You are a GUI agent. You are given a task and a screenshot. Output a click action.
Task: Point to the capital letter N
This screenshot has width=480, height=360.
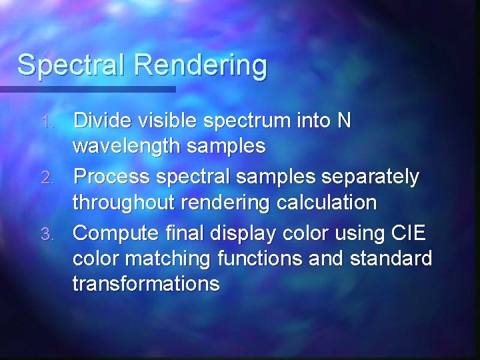point(344,121)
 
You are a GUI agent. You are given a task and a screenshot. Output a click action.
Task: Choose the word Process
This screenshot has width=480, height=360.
point(109,177)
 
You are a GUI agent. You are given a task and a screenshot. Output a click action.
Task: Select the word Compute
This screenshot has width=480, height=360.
point(114,233)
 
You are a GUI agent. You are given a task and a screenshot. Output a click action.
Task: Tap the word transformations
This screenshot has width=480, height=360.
point(146,284)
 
